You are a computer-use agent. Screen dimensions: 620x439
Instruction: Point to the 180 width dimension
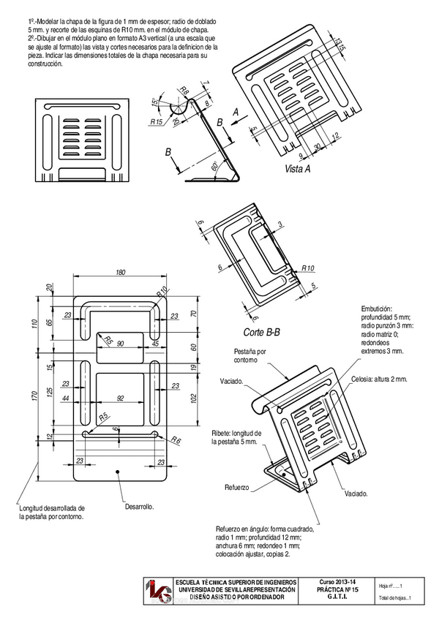[120, 273]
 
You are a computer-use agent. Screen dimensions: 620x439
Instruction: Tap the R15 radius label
[156, 122]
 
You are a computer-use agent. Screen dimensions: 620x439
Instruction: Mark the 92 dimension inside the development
[121, 398]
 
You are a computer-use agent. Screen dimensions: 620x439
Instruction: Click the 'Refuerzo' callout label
[237, 487]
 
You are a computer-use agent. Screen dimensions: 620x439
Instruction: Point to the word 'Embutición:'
[377, 309]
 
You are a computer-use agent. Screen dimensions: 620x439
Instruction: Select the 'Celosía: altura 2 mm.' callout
[379, 379]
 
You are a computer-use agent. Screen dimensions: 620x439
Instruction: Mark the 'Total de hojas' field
[395, 599]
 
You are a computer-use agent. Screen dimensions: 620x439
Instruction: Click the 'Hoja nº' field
[391, 585]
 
